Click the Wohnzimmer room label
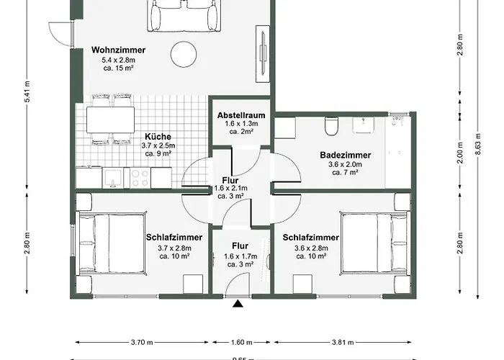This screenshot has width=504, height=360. [x=119, y=50]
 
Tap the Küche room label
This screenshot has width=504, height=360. [x=158, y=136]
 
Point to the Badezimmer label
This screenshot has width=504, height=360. [x=345, y=155]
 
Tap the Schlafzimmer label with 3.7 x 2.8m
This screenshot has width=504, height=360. [x=174, y=237]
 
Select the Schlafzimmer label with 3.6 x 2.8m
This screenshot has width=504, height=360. [x=310, y=237]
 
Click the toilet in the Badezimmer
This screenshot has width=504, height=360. [x=332, y=127]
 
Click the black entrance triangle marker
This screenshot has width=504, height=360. [x=238, y=305]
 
